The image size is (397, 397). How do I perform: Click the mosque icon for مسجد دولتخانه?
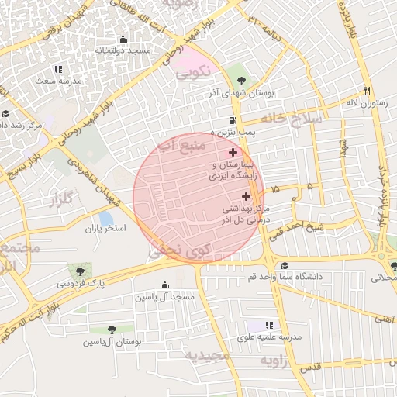[122, 40]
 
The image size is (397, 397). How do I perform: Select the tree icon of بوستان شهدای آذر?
[242, 80]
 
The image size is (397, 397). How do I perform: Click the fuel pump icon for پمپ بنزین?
[232, 120]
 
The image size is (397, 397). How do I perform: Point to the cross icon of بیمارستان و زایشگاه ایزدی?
[233, 153]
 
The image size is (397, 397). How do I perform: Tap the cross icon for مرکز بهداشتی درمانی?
[247, 196]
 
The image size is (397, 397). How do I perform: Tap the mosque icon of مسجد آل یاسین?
[164, 285]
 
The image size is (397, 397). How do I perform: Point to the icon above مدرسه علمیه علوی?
[269, 325]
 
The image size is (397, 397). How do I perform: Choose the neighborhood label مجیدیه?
[207, 355]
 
